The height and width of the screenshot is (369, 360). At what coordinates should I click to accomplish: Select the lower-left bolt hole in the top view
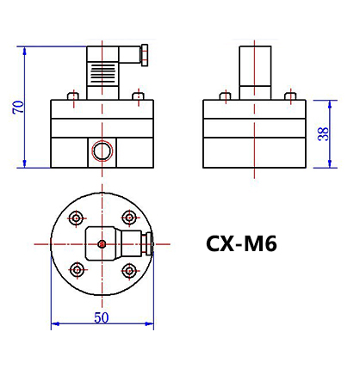[77, 270]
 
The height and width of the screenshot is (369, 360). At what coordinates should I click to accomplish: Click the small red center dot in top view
[102, 244]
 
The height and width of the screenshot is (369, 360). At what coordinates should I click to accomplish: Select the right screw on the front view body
[137, 96]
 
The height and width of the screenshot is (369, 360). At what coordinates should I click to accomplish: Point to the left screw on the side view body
[226, 96]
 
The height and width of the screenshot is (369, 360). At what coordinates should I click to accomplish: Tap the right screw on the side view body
[289, 96]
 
